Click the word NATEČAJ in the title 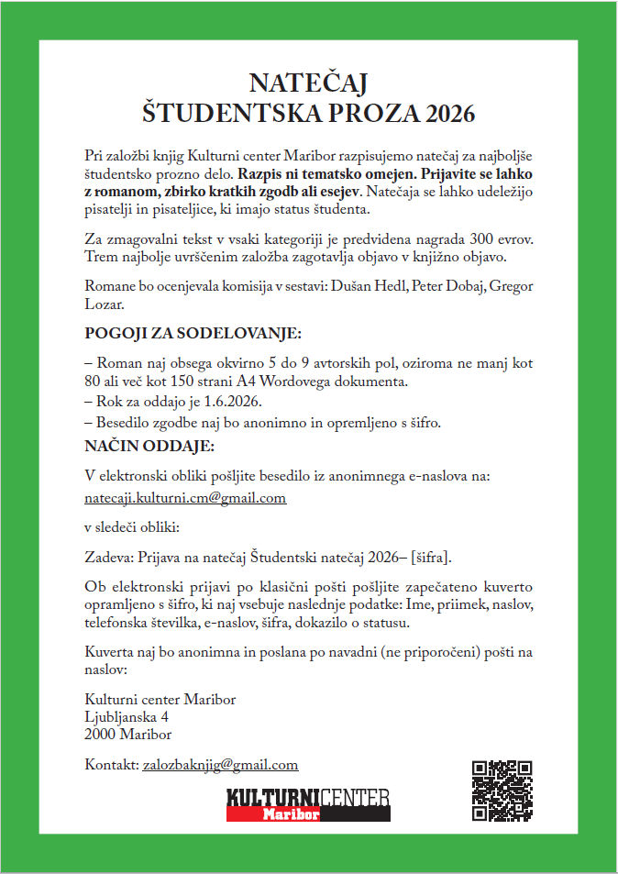(x=308, y=83)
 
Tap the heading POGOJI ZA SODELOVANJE (x=193, y=332)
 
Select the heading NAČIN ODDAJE (x=149, y=447)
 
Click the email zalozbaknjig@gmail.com (x=220, y=764)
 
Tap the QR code (x=502, y=791)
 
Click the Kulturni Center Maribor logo (x=308, y=803)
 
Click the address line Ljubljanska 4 (x=126, y=716)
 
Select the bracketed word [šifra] (x=432, y=558)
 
